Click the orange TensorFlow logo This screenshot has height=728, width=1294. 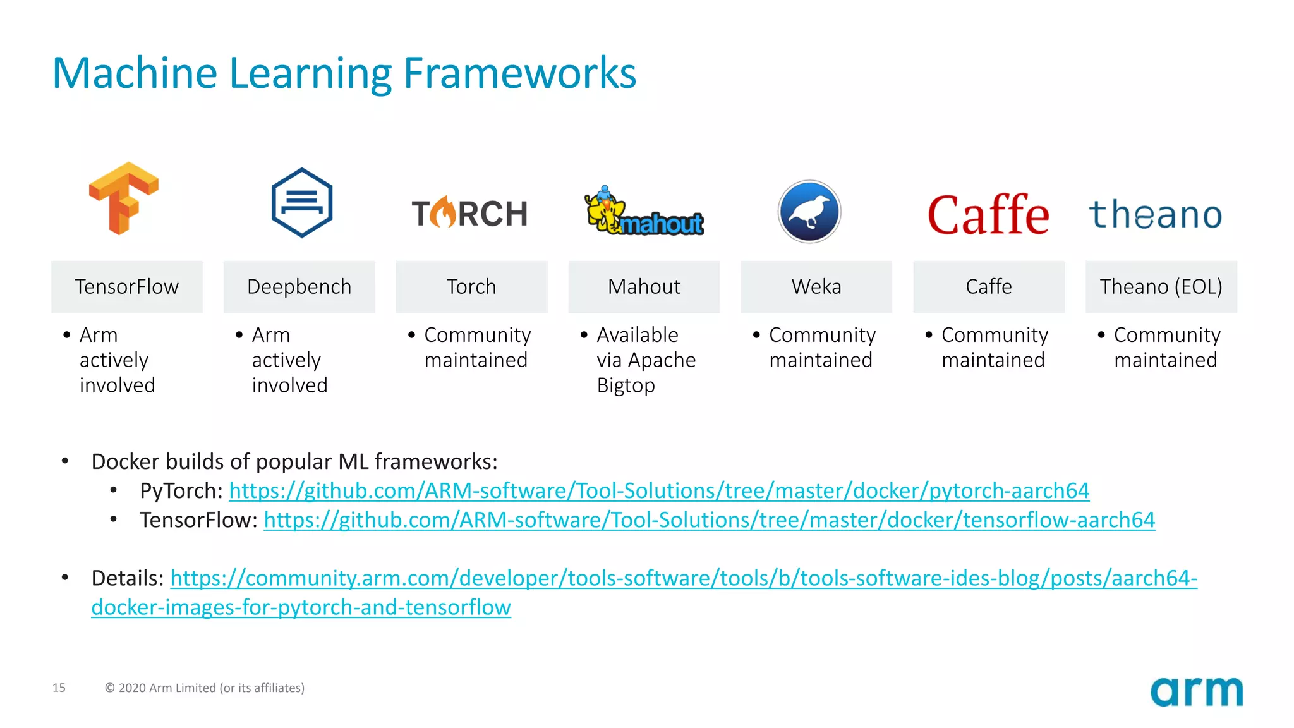tap(124, 198)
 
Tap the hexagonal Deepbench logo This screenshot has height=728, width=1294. tap(301, 203)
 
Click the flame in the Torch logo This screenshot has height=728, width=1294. tap(444, 212)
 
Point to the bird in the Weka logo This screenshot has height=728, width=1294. tap(809, 212)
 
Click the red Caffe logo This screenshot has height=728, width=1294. tap(988, 214)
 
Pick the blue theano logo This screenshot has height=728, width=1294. tap(1155, 215)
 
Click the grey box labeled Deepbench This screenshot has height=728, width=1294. tap(299, 287)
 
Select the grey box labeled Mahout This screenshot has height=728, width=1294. tap(644, 287)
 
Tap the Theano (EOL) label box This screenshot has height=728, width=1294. tap(1161, 287)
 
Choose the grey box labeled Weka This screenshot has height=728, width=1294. tap(816, 287)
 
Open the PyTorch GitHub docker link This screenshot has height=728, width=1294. tap(658, 491)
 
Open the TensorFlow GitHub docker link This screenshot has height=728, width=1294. tap(709, 520)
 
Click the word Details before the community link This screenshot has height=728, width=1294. tap(127, 578)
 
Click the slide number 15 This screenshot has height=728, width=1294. tap(59, 688)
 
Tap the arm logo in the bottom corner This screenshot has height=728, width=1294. tap(1196, 691)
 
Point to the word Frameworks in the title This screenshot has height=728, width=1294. tap(519, 73)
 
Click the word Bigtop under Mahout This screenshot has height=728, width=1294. tap(626, 385)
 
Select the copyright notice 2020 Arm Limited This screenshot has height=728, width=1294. tap(205, 688)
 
